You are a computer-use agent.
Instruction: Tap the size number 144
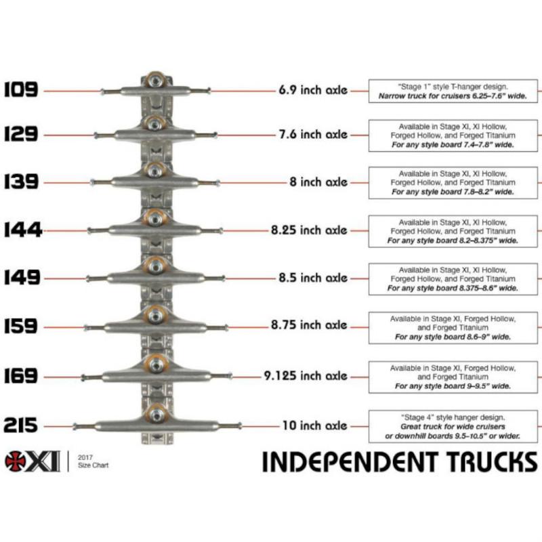click(x=22, y=231)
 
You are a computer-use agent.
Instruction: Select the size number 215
click(x=21, y=426)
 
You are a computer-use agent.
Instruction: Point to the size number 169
click(x=21, y=375)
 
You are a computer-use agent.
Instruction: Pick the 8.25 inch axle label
click(x=309, y=230)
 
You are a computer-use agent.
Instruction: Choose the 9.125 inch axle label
click(x=306, y=375)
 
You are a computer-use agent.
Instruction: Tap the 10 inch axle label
click(x=314, y=426)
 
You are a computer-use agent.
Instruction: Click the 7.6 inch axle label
click(x=312, y=134)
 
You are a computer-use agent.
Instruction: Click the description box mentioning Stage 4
click(x=453, y=427)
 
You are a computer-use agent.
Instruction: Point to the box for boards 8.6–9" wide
click(x=453, y=327)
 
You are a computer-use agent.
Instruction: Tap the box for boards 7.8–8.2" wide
click(x=453, y=182)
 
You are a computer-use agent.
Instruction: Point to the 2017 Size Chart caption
click(x=93, y=461)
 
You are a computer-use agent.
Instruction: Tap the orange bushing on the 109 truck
click(x=156, y=79)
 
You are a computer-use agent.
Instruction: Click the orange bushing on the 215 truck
click(x=156, y=411)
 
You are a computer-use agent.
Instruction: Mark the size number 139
click(x=21, y=182)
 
